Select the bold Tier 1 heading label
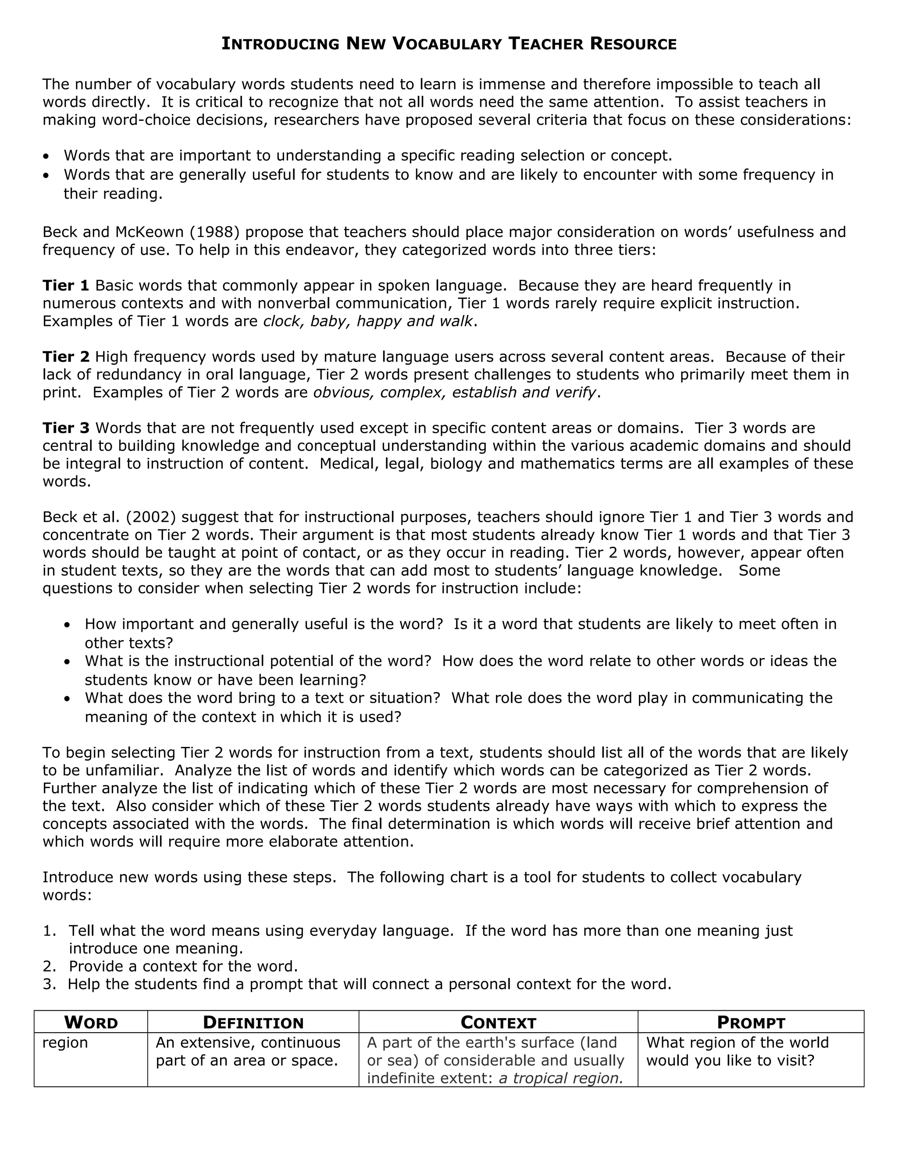coord(65,286)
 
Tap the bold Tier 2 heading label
coord(65,356)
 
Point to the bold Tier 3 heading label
coord(65,428)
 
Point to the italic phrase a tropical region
coord(561,1078)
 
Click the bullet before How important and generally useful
coord(67,625)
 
